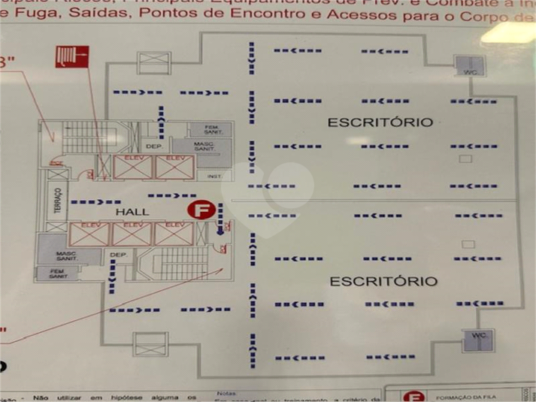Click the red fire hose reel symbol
(71, 56)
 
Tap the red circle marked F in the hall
(200, 210)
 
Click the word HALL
(132, 213)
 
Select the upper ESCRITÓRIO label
(380, 122)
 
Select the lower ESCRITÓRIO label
(383, 282)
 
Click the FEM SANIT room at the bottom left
(58, 274)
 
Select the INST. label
(214, 177)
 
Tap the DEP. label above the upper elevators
(153, 146)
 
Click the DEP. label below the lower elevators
(118, 255)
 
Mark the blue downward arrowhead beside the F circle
(220, 231)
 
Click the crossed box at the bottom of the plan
(150, 344)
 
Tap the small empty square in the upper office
(465, 159)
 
